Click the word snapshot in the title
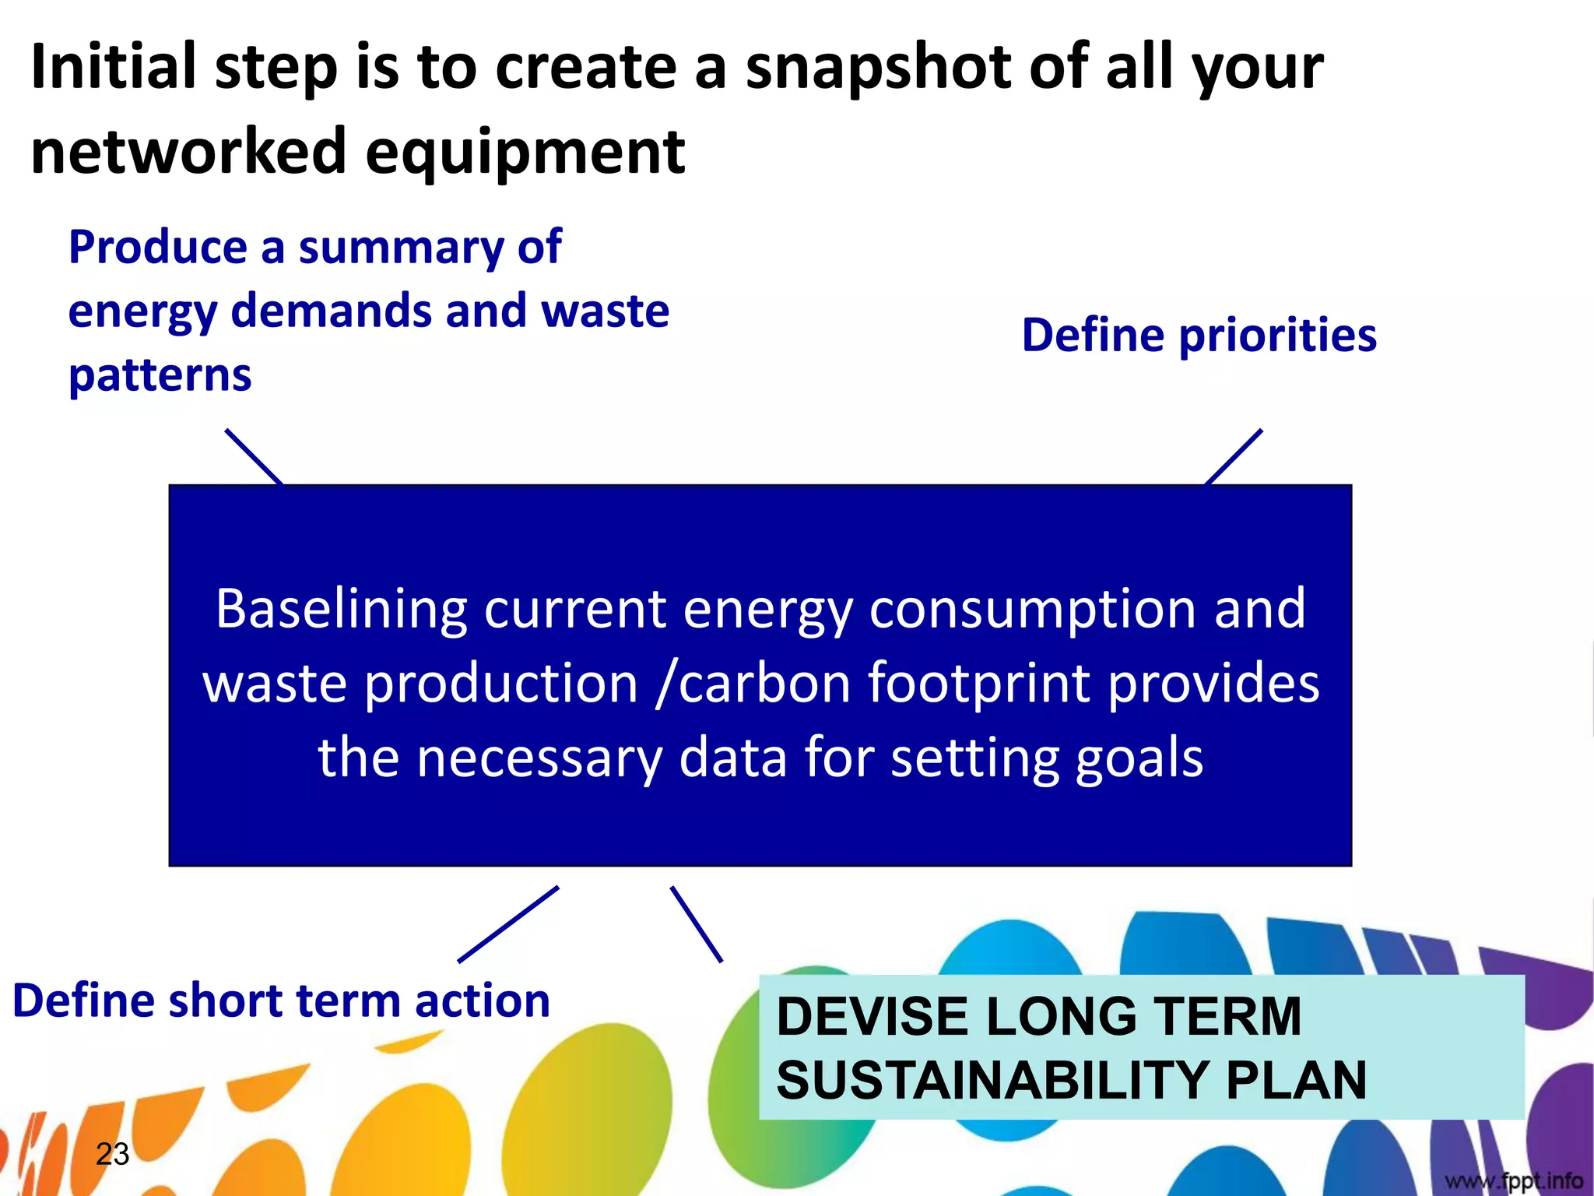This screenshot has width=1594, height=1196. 878,69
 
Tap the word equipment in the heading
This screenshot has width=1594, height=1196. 525,153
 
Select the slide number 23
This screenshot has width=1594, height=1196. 112,1154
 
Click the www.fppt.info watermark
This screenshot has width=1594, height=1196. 1513,1181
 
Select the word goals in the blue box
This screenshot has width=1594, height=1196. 1139,758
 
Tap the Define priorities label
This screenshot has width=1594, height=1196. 1199,336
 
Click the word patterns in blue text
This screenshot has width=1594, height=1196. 160,376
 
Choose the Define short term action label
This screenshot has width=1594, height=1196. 281,1001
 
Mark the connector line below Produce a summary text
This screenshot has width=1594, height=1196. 254,456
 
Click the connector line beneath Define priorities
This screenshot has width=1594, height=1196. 1233,457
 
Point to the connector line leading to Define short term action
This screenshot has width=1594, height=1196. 508,924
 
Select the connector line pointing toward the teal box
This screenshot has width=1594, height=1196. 696,924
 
